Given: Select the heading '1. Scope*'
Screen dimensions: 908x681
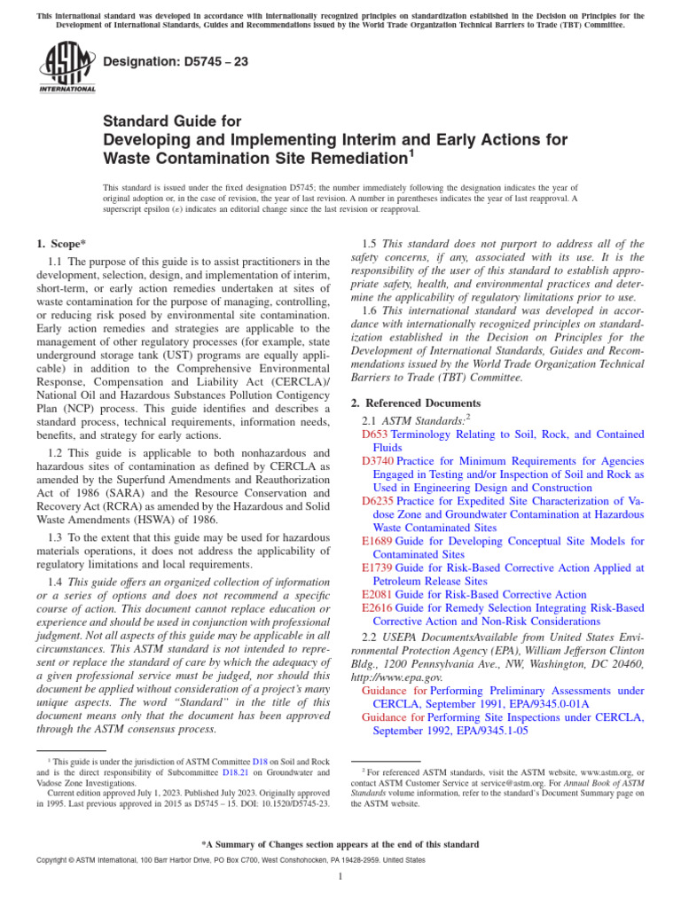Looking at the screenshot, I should click(61, 243).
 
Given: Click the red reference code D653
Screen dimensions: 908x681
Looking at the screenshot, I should click(375, 434).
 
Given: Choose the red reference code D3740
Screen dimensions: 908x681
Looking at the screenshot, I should click(378, 461).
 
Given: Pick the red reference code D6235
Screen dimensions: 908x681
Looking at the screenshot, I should click(378, 501).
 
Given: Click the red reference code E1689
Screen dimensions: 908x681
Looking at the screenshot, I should click(377, 541).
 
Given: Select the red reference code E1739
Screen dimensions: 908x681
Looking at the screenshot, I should click(377, 567).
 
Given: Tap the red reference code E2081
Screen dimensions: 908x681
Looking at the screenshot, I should click(377, 594).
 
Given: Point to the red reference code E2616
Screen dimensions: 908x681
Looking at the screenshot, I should click(377, 607).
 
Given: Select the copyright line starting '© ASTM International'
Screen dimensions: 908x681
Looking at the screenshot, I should click(218, 860).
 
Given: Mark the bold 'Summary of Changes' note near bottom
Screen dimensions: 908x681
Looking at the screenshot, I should click(340, 844).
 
